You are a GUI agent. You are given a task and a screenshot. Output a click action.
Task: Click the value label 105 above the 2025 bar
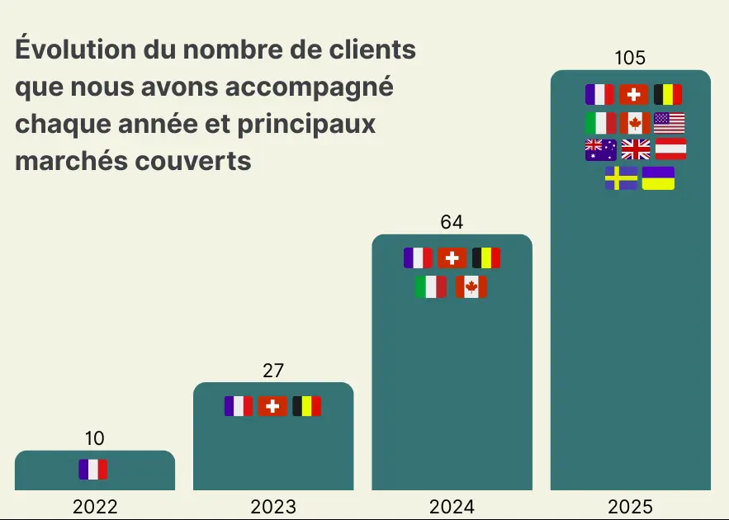[x=630, y=58]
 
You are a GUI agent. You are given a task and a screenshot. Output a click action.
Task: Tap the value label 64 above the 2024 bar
[x=452, y=222]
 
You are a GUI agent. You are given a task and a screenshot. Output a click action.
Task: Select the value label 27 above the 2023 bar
[x=273, y=371]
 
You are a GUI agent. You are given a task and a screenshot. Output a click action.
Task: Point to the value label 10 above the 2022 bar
[x=95, y=438]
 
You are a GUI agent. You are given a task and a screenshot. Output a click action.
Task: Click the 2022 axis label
[x=95, y=507]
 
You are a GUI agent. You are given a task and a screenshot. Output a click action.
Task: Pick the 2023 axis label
[x=273, y=507]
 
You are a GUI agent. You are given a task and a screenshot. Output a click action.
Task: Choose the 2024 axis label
[x=452, y=507]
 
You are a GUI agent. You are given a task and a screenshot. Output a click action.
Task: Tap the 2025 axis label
[x=630, y=507]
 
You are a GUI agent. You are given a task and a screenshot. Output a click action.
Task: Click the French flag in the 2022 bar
[x=93, y=470]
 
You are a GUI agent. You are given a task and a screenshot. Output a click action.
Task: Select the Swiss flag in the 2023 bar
[x=272, y=406]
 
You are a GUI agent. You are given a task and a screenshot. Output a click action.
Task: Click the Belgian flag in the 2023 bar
[x=307, y=406]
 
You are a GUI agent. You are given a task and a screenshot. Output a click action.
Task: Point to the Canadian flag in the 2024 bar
[x=471, y=287]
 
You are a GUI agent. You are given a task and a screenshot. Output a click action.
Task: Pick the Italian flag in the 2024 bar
[x=431, y=287]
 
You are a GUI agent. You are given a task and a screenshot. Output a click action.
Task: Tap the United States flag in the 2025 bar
[x=670, y=123]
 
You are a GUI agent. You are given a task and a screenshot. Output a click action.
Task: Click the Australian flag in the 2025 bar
[x=600, y=149]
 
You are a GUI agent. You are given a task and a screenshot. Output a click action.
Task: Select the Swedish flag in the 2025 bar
[x=621, y=178]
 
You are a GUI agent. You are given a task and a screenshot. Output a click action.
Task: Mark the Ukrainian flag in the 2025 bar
[x=658, y=178]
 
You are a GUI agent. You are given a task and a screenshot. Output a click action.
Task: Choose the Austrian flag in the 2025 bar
[x=670, y=149]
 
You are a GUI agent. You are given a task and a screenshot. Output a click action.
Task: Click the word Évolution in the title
[x=75, y=50]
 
